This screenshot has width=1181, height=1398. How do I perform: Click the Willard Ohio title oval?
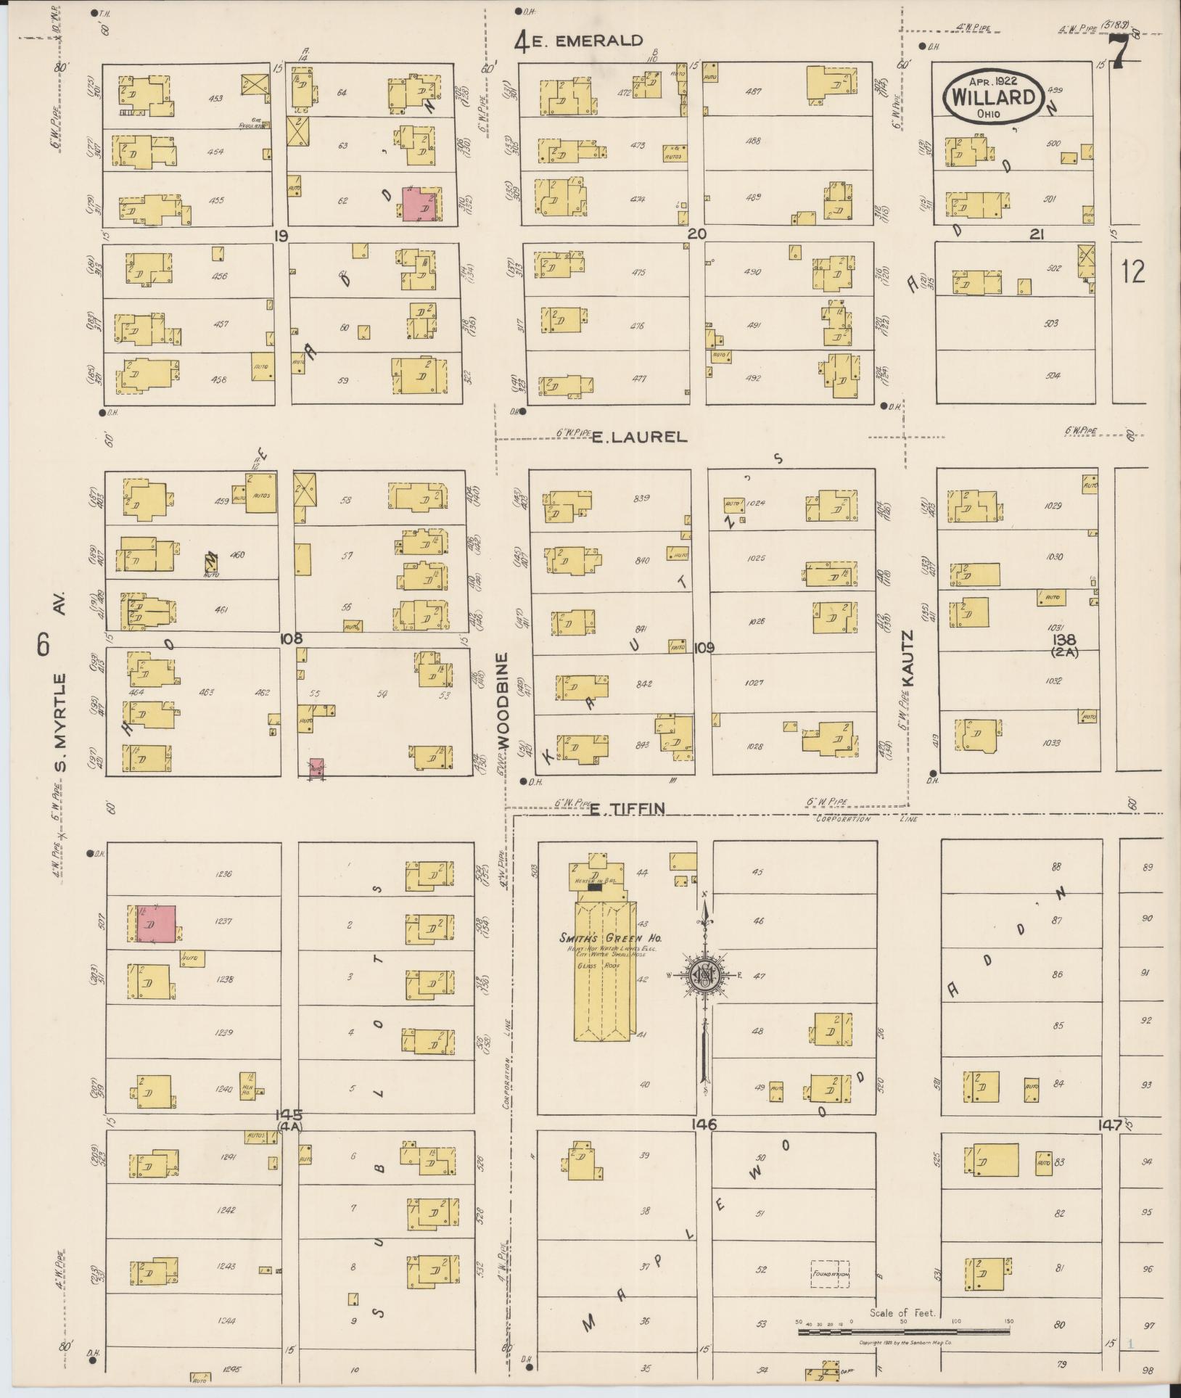pyautogui.click(x=994, y=96)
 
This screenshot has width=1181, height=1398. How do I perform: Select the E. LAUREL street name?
pyautogui.click(x=638, y=437)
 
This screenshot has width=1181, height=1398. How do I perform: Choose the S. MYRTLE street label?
pyautogui.click(x=60, y=723)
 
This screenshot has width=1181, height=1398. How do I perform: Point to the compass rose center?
pyautogui.click(x=704, y=975)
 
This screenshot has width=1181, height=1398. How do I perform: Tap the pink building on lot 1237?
pyautogui.click(x=157, y=924)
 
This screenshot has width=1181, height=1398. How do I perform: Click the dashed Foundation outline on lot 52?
pyautogui.click(x=830, y=1273)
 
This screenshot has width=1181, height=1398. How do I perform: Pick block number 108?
pyautogui.click(x=291, y=638)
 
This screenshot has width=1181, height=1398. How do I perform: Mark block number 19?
pyautogui.click(x=282, y=234)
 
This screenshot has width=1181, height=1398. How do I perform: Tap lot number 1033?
pyautogui.click(x=1053, y=743)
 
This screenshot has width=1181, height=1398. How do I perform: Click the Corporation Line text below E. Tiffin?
pyautogui.click(x=866, y=819)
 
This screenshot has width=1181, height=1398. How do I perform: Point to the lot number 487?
pyautogui.click(x=754, y=91)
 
